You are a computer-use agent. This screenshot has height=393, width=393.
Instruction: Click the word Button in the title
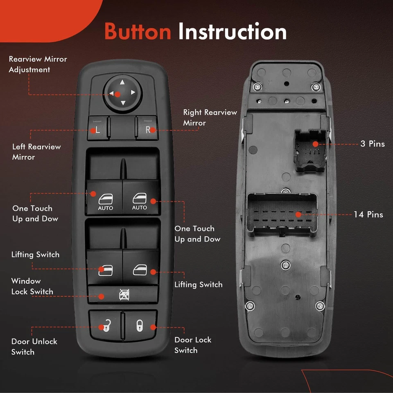point(138,32)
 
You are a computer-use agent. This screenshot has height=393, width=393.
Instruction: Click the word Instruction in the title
point(233,31)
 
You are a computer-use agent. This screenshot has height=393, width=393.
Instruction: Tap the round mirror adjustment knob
point(122,94)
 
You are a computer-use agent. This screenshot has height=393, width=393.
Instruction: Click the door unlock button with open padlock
point(106,325)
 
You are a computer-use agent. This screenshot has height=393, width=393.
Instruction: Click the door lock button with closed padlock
point(140,325)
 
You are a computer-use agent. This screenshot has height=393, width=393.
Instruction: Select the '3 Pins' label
point(373,144)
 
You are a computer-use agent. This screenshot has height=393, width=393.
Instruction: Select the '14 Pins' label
point(368,214)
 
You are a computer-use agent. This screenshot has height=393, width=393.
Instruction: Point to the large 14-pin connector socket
point(282,214)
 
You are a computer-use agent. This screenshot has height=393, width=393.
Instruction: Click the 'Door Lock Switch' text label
point(193,345)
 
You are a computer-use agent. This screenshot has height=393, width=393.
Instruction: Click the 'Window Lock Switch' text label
point(32,286)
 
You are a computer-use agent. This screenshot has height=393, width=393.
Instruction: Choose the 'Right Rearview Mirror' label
point(210,117)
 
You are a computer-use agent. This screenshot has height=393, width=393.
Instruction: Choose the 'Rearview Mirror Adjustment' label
point(38,64)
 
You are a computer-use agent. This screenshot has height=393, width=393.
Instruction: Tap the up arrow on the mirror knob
point(122,82)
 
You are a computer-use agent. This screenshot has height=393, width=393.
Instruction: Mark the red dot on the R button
point(153,130)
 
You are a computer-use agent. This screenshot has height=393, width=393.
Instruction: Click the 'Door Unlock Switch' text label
point(34,347)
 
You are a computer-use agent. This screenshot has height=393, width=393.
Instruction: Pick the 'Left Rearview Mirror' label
point(36,151)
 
